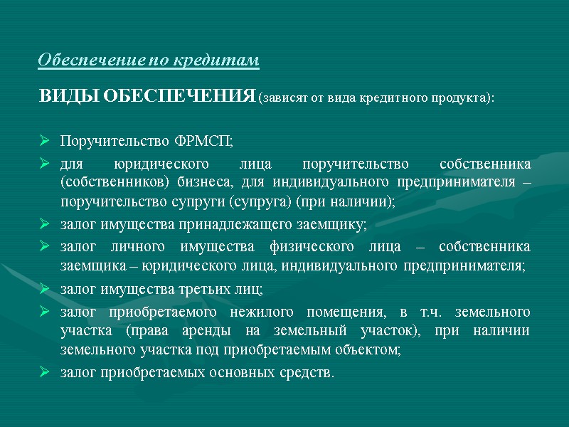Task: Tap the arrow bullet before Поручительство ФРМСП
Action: click(x=45, y=139)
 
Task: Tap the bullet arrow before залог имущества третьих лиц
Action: click(x=45, y=290)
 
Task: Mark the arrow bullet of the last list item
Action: click(x=45, y=373)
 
